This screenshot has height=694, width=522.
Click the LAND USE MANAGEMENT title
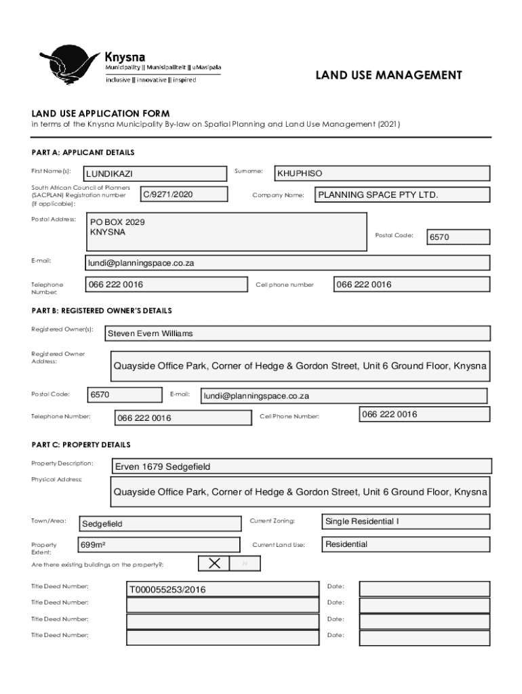[x=388, y=75]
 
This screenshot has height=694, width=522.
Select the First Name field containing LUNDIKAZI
[x=155, y=174]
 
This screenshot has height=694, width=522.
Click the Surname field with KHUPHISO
[x=381, y=174]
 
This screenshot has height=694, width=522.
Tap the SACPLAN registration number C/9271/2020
[x=183, y=195]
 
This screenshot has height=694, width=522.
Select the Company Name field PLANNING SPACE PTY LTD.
[x=402, y=195]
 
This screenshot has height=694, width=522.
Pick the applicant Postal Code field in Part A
[x=458, y=237]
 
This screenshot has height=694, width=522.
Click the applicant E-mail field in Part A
[x=287, y=263]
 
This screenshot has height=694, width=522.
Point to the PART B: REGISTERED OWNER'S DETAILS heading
[x=102, y=310]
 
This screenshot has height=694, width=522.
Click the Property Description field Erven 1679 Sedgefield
[x=302, y=466]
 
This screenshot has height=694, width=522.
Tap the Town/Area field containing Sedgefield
[x=160, y=524]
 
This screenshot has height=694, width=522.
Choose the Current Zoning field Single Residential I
[x=405, y=522]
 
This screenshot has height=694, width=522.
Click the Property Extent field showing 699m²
[x=159, y=545]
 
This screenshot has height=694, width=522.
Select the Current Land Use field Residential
[x=405, y=545]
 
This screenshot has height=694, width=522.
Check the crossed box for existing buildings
[x=214, y=563]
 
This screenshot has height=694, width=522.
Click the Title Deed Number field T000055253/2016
[x=222, y=590]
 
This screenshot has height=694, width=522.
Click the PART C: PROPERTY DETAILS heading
[x=81, y=445]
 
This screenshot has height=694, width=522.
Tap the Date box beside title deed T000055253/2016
[x=424, y=589]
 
